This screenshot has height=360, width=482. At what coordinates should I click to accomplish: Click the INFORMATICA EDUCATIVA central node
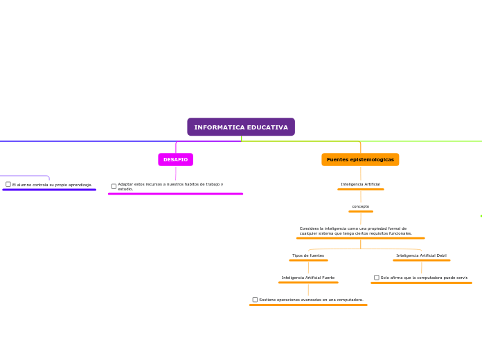[x=241, y=127]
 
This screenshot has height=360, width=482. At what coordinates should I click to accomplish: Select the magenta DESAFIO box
[x=175, y=160]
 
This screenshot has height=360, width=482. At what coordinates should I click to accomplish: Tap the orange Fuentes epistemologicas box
[x=360, y=160]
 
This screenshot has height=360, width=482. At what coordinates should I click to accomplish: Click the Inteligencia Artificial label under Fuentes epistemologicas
[x=360, y=184]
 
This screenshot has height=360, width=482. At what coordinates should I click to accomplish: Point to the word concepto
[x=360, y=206]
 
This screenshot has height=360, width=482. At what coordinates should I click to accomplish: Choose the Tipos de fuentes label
[x=308, y=255]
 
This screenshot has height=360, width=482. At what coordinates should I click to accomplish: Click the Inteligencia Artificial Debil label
[x=421, y=255]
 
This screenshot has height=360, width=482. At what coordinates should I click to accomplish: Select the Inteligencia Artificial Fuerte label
[x=308, y=278]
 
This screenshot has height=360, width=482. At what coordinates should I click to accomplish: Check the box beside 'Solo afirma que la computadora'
[x=377, y=278]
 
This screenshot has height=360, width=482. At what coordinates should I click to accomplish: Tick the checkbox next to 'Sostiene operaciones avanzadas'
[x=255, y=300]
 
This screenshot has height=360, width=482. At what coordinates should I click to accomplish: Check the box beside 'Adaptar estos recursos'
[x=114, y=186]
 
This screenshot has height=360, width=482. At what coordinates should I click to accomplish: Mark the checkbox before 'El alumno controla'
[x=8, y=184]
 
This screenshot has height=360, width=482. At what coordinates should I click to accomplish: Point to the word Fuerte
[x=327, y=278]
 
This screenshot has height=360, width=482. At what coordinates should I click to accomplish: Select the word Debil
[x=440, y=255]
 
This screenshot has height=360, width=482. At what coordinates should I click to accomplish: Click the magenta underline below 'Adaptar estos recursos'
[x=175, y=194]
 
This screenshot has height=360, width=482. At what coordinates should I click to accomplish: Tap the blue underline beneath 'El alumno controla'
[x=49, y=190]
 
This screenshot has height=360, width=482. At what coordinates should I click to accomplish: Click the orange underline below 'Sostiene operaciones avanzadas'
[x=308, y=305]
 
